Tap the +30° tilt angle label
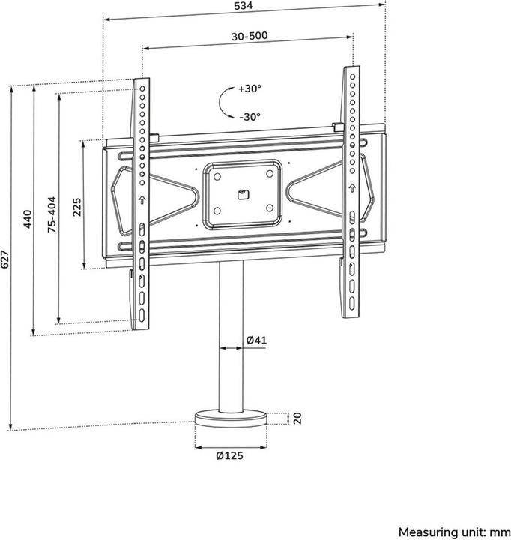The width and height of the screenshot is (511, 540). (x=250, y=88)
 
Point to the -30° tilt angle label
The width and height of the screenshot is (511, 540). (x=250, y=116)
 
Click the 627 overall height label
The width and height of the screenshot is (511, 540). (x=6, y=259)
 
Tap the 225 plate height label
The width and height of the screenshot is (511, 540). (x=76, y=207)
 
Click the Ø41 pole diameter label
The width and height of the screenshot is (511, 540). (x=256, y=340)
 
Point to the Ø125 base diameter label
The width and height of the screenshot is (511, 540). (x=231, y=454)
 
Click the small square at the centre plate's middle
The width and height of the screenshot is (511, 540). (x=241, y=195)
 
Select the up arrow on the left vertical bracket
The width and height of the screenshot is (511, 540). (x=142, y=200)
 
